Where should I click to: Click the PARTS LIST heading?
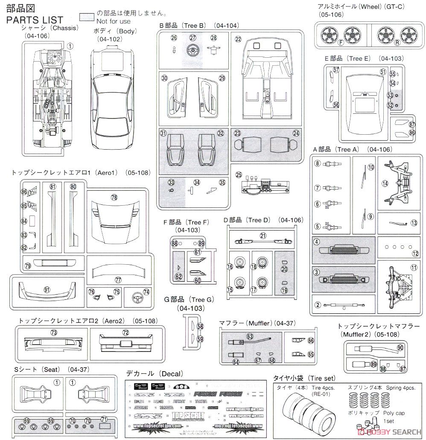(x=35, y=20)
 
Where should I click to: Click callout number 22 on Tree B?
(x=238, y=39)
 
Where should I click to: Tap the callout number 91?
(x=47, y=289)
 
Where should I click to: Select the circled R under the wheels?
(x=397, y=42)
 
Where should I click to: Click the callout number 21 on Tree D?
(x=263, y=236)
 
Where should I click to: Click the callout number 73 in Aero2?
(x=53, y=332)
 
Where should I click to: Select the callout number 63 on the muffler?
(x=250, y=336)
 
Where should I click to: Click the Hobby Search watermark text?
(x=392, y=431)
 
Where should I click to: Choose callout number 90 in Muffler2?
(x=400, y=348)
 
